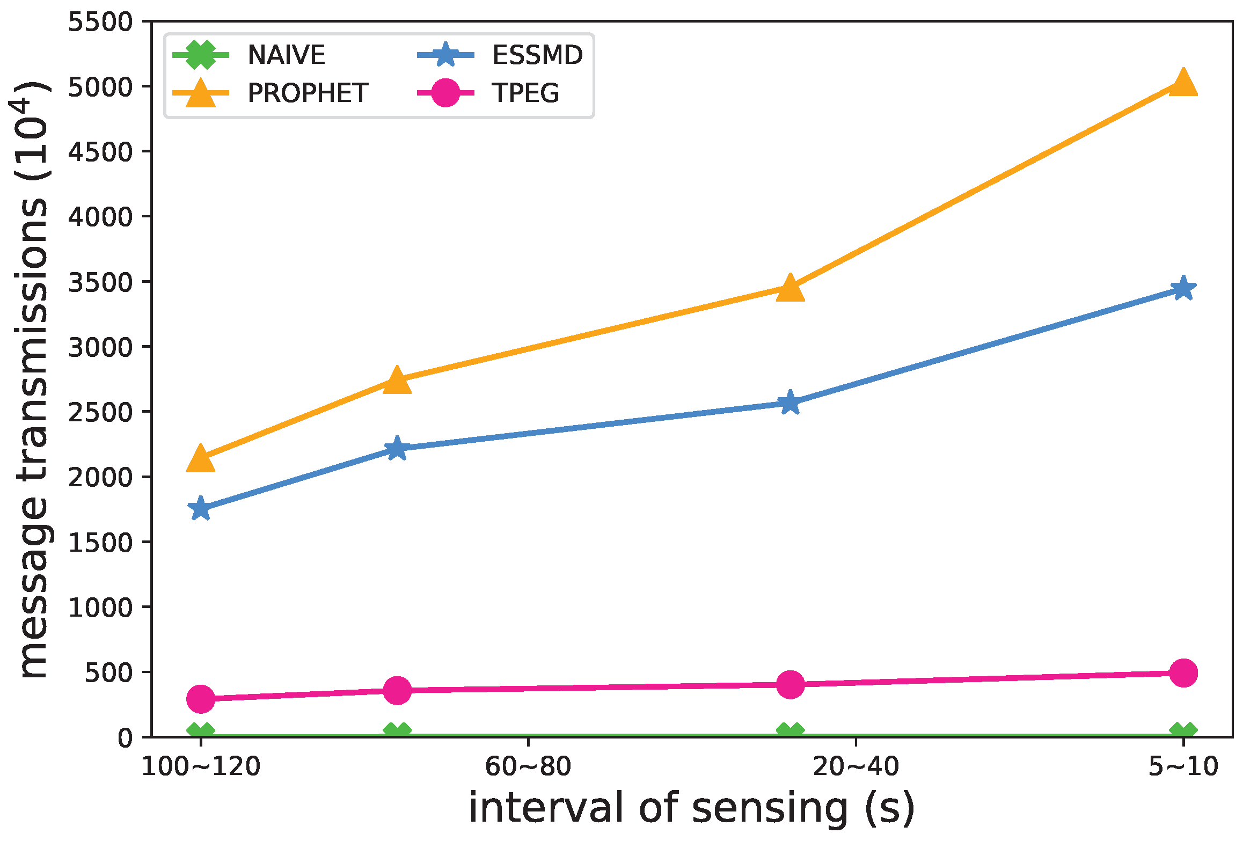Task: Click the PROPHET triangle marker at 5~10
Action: click(1183, 84)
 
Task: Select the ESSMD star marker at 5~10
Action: click(1183, 289)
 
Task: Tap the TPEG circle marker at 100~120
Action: click(201, 698)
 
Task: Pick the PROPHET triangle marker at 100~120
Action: click(201, 459)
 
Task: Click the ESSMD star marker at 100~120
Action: click(201, 508)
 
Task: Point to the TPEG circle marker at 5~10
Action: click(1183, 672)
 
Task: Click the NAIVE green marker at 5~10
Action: click(1183, 732)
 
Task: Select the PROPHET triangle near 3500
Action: click(790, 288)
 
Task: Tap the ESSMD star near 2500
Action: click(790, 403)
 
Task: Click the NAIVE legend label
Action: click(286, 55)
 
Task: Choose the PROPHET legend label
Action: click(308, 93)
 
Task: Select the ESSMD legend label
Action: click(537, 55)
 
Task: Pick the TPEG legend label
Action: click(525, 93)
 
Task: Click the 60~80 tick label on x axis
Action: click(528, 766)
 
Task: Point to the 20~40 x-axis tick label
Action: click(856, 766)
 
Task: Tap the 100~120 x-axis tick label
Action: click(201, 766)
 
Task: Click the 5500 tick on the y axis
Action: click(100, 22)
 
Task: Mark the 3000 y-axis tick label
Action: click(100, 347)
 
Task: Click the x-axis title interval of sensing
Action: click(691, 808)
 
